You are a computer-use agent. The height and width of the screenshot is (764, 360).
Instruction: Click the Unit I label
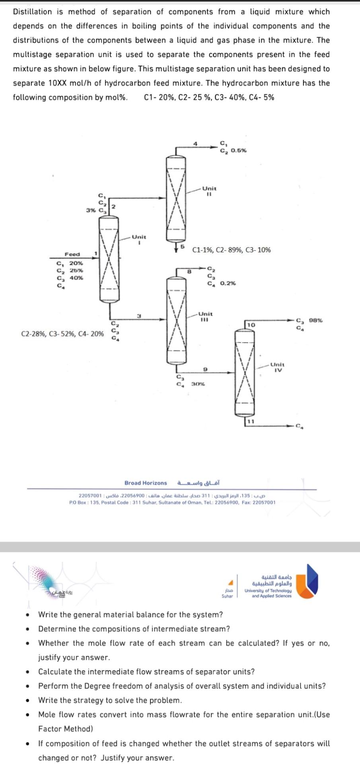(x=139, y=239)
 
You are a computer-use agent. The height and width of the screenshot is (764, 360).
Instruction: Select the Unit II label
(x=209, y=191)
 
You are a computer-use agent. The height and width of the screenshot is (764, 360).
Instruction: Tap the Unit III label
(x=205, y=316)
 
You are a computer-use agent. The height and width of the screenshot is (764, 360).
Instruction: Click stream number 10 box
(x=251, y=325)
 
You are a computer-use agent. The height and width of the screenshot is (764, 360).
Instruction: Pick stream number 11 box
(x=250, y=421)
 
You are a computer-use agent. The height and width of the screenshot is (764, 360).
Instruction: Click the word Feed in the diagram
(x=72, y=254)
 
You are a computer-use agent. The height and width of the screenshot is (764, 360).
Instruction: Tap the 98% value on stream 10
(x=316, y=320)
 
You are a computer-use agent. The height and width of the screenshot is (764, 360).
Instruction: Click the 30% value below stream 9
(x=198, y=384)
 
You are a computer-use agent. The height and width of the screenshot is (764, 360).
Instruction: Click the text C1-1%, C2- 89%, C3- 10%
(x=232, y=250)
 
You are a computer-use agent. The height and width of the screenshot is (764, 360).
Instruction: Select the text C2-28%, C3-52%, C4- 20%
(x=62, y=334)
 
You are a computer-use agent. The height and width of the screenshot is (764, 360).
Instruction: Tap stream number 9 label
(x=204, y=370)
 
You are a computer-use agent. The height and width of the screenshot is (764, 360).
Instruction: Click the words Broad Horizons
(x=146, y=483)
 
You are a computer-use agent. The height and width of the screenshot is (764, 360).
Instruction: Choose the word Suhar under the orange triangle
(x=227, y=596)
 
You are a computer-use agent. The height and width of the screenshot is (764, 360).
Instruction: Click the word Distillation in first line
(x=33, y=12)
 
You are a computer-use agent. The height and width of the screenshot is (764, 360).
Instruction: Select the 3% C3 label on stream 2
(x=96, y=210)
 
